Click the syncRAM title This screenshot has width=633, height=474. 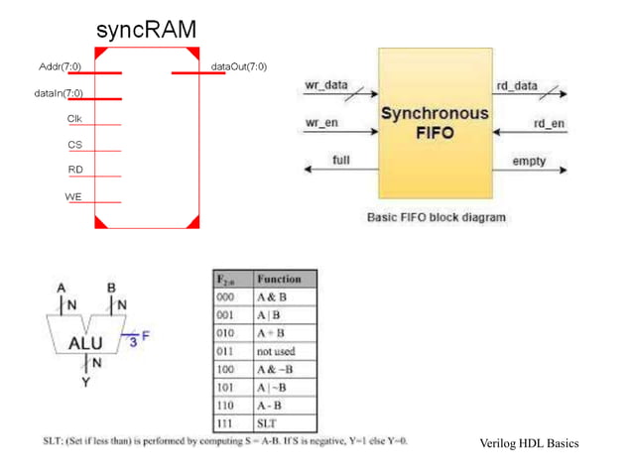point(146,31)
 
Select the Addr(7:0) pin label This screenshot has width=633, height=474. point(60,66)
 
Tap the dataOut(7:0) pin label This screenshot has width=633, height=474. point(238,66)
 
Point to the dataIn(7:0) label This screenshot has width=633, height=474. point(58,93)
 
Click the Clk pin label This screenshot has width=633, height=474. point(74,119)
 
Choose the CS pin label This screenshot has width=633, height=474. point(74,145)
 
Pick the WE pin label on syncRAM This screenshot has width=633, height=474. point(73,196)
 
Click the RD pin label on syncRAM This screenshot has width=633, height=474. point(74,170)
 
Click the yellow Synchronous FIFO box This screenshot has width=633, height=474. point(435,124)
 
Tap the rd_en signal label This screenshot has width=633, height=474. point(549,123)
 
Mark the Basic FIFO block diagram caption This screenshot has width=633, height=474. point(436,217)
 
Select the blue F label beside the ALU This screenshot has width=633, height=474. point(146,336)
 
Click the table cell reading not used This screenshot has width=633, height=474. point(276,350)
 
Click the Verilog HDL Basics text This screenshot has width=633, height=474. point(528,443)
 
